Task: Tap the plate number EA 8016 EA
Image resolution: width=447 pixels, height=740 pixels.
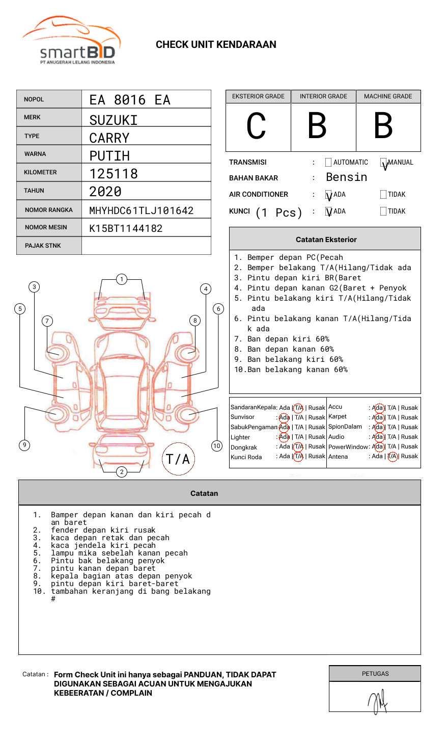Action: pos(129,100)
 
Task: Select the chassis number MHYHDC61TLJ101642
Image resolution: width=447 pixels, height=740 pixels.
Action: pos(141,210)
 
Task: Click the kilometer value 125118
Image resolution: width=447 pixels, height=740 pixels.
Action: pos(114,174)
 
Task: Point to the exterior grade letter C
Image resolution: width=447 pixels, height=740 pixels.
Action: pos(256,126)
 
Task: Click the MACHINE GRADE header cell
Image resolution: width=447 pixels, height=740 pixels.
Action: pos(388,96)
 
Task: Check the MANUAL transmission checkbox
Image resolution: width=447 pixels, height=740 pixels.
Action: pos(383,163)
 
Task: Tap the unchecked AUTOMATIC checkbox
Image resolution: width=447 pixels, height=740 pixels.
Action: pos(328,163)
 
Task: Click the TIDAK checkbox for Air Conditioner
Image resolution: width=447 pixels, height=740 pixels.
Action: pos(383,194)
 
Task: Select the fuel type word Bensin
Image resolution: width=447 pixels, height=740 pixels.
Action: pos(346,177)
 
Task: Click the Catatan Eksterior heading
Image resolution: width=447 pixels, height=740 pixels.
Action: pos(326,240)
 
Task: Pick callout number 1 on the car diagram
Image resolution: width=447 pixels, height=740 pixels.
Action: pos(121,279)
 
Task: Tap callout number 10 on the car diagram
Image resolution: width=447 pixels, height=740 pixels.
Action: pos(217,445)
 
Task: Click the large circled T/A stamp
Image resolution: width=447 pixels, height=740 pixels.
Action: pos(178,459)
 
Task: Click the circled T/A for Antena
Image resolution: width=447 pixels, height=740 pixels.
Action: pos(392,457)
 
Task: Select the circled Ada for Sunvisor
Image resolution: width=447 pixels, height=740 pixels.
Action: pos(284,417)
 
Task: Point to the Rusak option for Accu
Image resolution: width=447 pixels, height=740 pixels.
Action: pos(409,408)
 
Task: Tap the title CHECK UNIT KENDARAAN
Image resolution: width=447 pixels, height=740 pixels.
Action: pos(216,44)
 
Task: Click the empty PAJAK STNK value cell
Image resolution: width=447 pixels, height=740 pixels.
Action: pos(146,246)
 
